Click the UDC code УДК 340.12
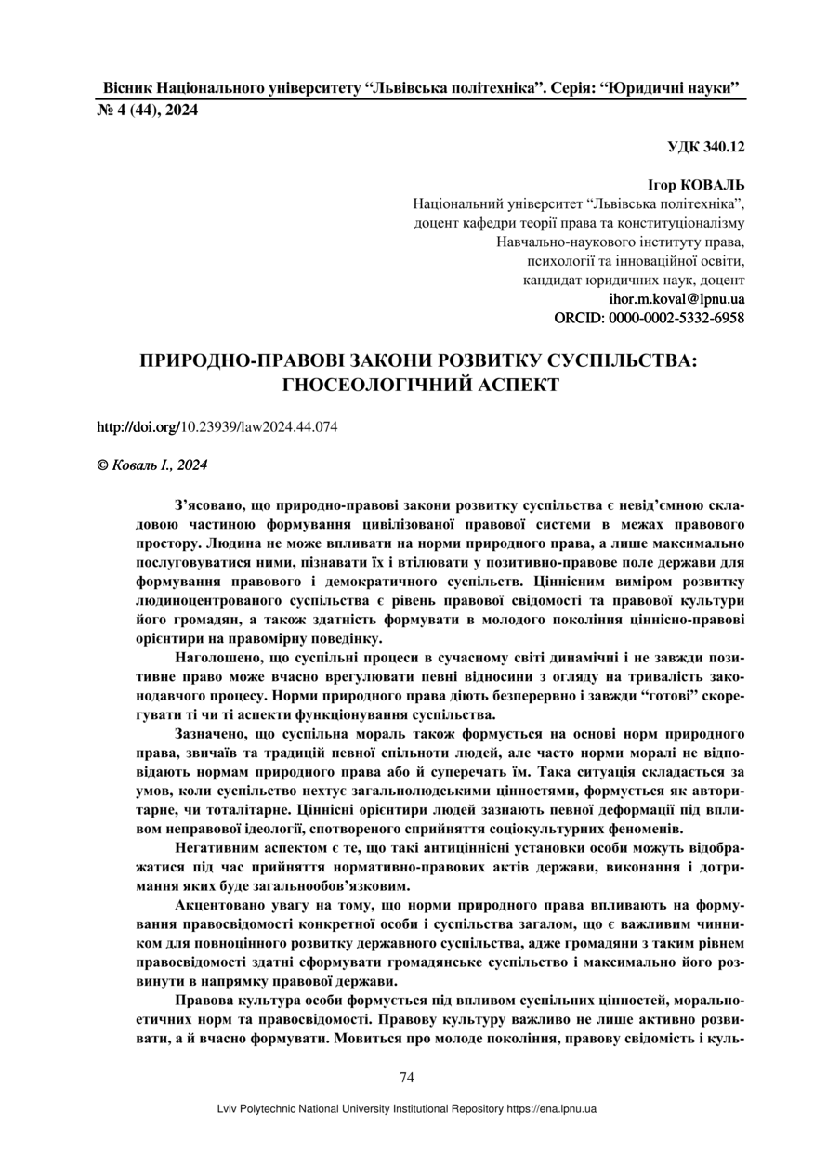tap(705, 147)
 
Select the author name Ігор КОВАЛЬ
tap(696, 185)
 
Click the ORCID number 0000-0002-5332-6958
tap(676, 318)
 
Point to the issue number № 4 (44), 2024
tap(148, 111)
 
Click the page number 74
tap(406, 1078)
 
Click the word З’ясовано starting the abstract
tap(206, 505)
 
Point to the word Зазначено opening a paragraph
tap(212, 734)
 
